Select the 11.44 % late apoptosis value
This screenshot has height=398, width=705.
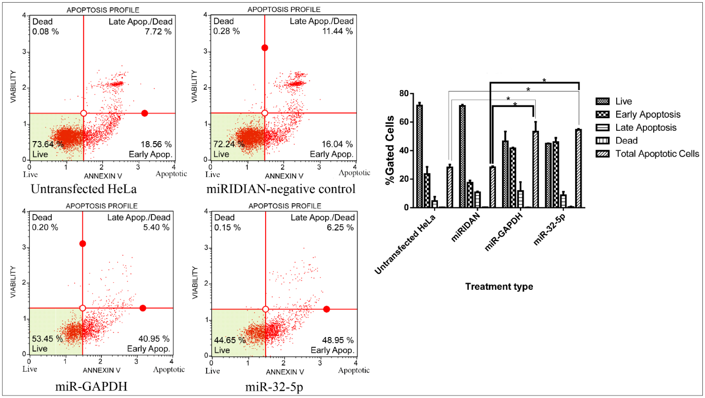(x=337, y=31)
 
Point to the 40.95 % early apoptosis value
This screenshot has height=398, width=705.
(x=154, y=339)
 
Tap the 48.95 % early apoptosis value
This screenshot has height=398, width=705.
(x=338, y=340)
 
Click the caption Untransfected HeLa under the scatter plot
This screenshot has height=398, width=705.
(x=84, y=189)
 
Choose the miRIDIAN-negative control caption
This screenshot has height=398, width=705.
(x=281, y=189)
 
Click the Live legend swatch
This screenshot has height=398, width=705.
(x=602, y=101)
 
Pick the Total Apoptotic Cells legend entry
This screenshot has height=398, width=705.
(x=657, y=154)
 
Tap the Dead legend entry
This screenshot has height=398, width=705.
(x=626, y=141)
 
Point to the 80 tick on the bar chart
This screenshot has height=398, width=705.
(x=404, y=94)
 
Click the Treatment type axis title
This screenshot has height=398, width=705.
(x=499, y=287)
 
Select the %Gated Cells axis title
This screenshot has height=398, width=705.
(x=390, y=150)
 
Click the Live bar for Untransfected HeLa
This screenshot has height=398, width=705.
(x=419, y=156)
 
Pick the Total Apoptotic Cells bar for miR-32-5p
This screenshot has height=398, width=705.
(x=578, y=168)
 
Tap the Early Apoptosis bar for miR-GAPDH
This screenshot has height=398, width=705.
(x=513, y=177)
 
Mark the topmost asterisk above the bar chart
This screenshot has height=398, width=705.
(x=544, y=80)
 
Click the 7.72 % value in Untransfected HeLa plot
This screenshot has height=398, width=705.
(x=158, y=32)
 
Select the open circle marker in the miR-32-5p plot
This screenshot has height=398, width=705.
(x=265, y=309)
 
